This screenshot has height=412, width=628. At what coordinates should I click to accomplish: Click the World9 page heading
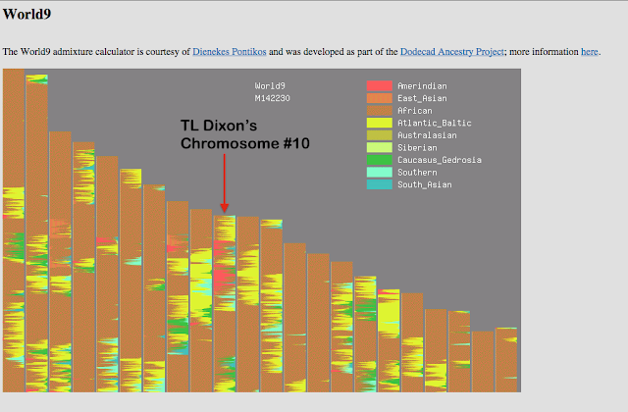26,15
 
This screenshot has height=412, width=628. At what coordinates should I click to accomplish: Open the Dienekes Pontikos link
230,51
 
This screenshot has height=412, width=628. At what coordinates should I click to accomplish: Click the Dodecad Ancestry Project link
451,51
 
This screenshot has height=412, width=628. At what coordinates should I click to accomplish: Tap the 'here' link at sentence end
589,51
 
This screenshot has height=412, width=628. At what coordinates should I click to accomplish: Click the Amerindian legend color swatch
379,85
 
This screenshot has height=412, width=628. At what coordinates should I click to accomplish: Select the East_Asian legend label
422,98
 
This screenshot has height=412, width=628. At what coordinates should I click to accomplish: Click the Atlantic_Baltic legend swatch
379,123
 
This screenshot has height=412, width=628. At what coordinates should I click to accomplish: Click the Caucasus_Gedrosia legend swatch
379,159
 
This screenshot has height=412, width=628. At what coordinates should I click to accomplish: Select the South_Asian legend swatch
379,183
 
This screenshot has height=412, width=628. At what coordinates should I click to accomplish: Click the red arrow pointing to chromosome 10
225,181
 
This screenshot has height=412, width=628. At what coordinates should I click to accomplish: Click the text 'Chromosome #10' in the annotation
245,144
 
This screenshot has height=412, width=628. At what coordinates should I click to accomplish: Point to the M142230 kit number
272,98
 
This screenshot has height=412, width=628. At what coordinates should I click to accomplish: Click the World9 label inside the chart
270,85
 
